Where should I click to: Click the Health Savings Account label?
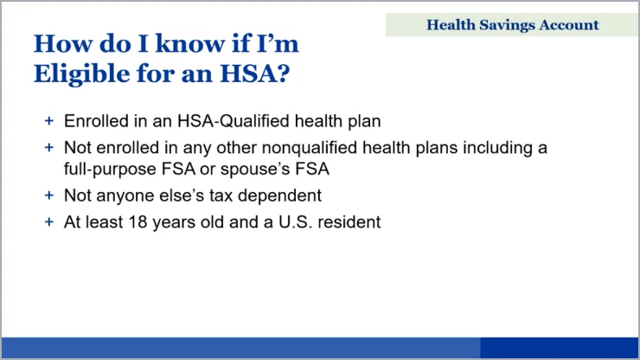click(512, 25)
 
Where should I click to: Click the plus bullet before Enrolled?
click(49, 121)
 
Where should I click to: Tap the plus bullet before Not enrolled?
click(49, 147)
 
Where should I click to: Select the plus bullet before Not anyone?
click(49, 196)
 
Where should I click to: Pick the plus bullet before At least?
click(49, 222)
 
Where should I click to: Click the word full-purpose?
click(110, 169)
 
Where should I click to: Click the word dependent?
click(279, 196)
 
